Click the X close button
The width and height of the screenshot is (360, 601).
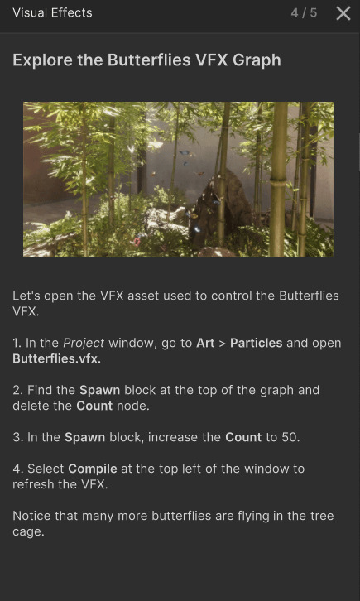coord(343,13)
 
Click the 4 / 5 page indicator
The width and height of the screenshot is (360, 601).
coord(304,13)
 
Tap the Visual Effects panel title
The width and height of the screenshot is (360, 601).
coord(52,12)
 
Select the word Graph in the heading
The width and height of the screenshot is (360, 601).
coord(257,60)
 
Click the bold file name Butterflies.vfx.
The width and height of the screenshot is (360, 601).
coord(56,358)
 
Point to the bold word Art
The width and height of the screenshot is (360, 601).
coord(205,343)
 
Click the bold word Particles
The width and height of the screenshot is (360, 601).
coord(257,343)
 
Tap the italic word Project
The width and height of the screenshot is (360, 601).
coord(84,343)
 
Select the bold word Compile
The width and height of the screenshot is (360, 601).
coord(93,469)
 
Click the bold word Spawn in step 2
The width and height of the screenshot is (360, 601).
coord(99,390)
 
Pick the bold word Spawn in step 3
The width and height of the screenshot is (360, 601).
coord(84,437)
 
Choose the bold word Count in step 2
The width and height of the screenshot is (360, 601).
coord(94,406)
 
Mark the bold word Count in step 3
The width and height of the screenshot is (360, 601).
coord(243,437)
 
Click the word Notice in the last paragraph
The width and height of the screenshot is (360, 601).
coord(32,516)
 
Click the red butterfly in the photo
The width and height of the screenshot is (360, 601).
coord(136,242)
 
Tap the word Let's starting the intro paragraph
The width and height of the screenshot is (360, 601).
coord(26,296)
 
